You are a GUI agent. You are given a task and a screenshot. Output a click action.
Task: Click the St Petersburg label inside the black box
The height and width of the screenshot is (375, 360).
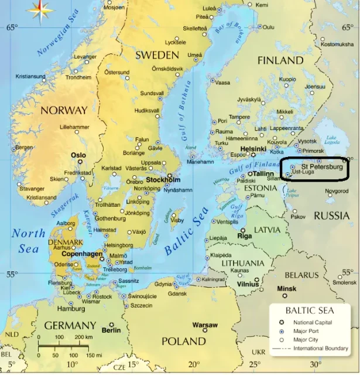coord(321,167)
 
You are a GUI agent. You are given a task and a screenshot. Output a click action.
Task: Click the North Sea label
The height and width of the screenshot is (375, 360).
coord(28,240)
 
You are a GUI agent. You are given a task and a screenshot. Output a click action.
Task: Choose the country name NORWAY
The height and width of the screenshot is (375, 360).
coord(64,110)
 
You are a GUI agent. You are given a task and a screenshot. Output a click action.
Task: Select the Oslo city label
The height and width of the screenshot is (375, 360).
coord(78,155)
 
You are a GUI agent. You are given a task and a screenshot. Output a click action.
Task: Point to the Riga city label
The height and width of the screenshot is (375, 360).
coord(245,236)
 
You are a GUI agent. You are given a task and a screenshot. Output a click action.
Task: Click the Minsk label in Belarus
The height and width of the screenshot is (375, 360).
coord(287,289)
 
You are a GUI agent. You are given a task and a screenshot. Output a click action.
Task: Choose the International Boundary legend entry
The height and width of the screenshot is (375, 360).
coord(321,349)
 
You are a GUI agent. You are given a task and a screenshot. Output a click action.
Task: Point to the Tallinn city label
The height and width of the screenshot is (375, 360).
coord(264,174)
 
